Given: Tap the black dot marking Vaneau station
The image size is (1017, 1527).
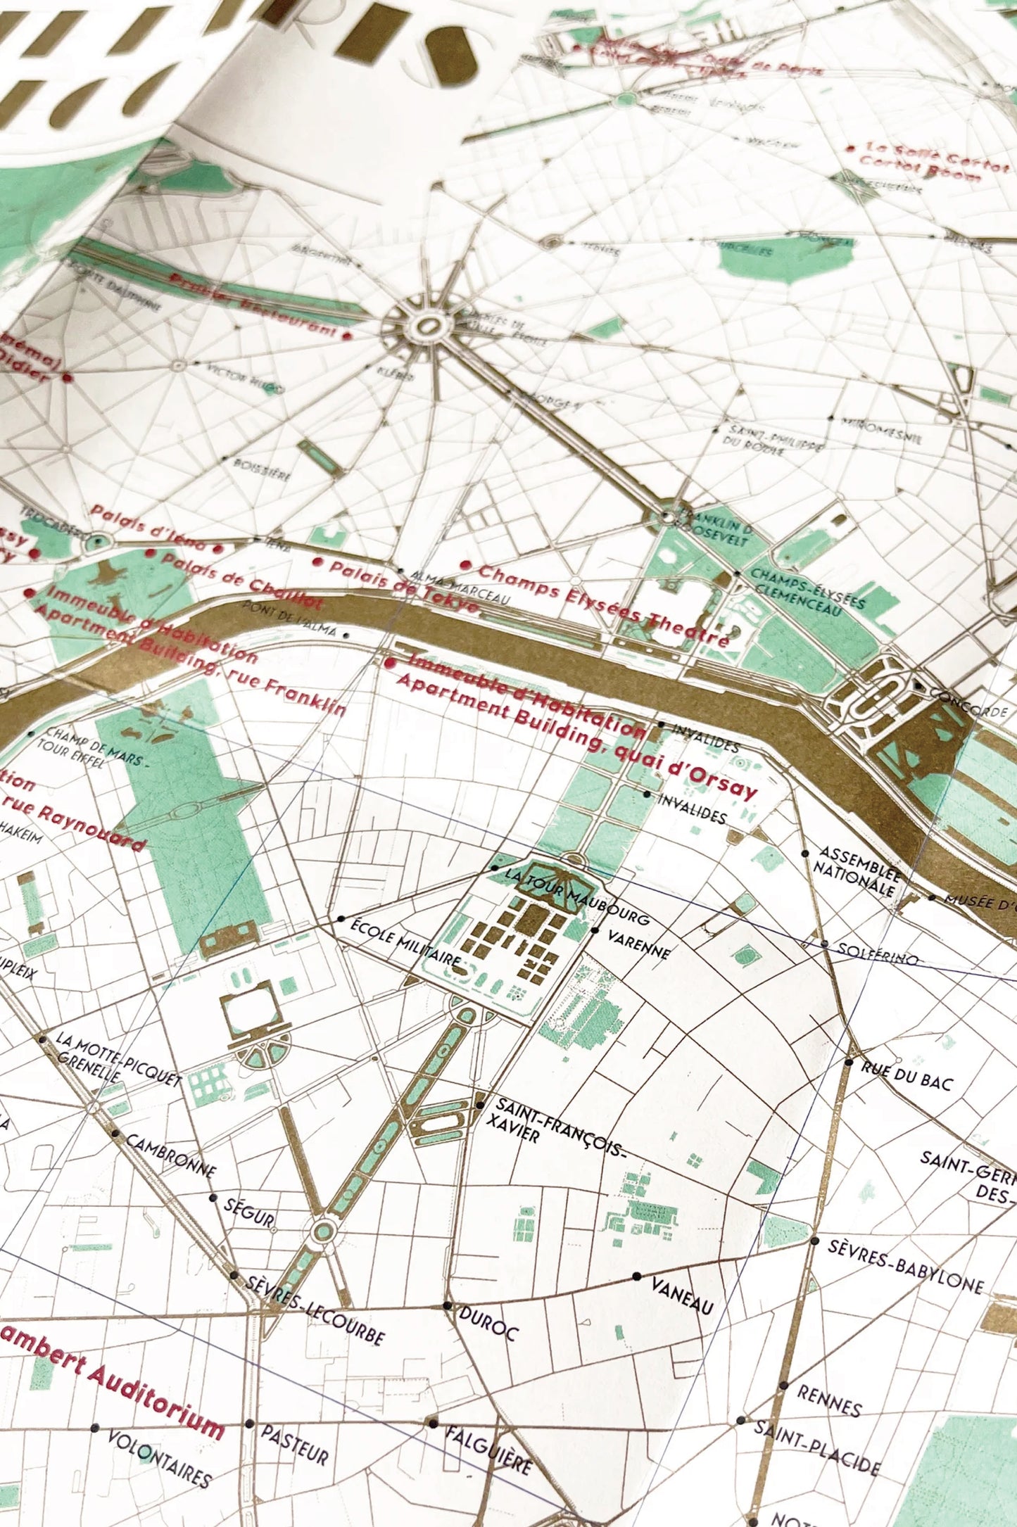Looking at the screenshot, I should (x=636, y=1276).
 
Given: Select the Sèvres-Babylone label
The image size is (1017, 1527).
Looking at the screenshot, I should (x=904, y=1266).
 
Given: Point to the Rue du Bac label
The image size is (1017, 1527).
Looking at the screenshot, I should (x=907, y=1076).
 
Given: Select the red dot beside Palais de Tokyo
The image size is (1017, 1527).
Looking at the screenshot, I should (x=317, y=562).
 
